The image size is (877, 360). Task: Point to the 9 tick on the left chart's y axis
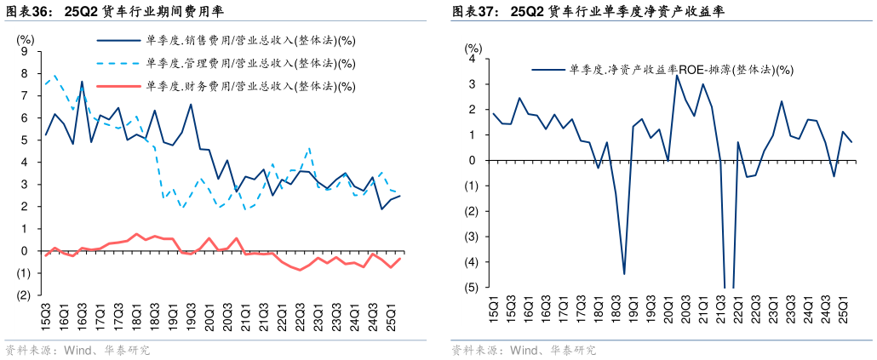(25, 52)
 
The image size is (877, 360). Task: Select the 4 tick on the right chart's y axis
(473, 59)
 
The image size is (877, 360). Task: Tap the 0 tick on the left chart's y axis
(25, 251)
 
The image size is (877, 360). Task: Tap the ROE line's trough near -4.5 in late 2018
(624, 274)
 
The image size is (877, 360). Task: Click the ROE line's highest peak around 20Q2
(677, 76)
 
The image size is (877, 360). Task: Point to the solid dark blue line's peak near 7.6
(82, 82)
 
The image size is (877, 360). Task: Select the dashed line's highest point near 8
(55, 75)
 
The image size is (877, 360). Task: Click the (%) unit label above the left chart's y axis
(26, 38)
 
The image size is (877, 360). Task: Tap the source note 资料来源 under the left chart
(25, 350)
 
